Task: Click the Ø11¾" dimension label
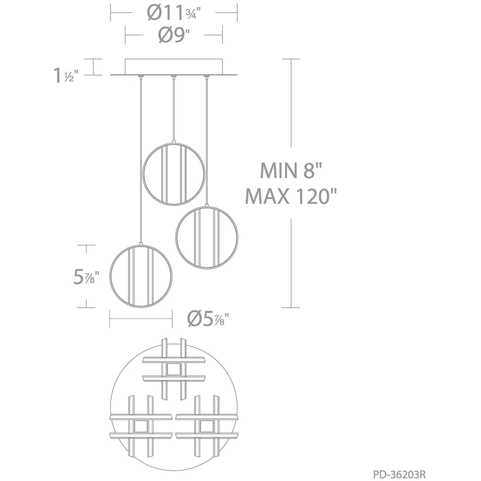tap(174, 13)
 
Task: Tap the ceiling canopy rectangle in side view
tap(174, 66)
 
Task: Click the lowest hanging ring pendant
tap(141, 275)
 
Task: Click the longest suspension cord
tap(141, 161)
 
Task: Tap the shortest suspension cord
tap(173, 109)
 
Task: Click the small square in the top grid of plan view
tap(174, 369)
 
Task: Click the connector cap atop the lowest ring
tap(141, 243)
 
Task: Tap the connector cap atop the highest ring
tap(174, 142)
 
